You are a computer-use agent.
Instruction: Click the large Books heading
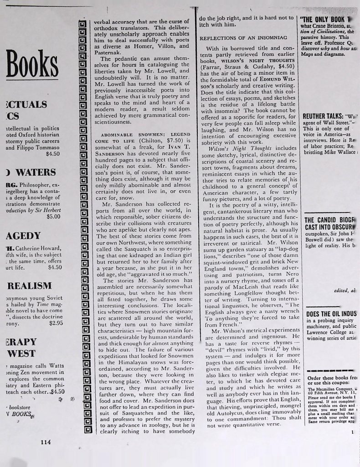27,66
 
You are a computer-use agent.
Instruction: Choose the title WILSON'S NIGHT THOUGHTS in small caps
258,61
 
